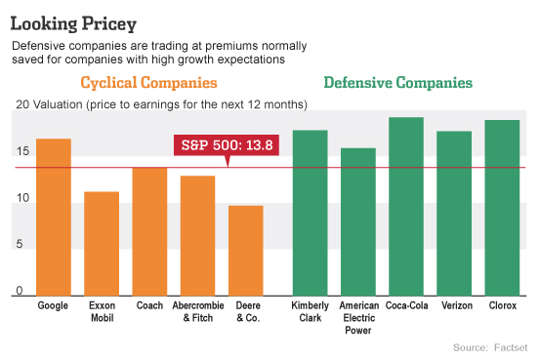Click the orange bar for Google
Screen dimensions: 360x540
(54, 217)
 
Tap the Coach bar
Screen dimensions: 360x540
(149, 231)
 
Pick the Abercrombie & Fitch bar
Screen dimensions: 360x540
(197, 235)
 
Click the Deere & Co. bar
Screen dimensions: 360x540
(246, 250)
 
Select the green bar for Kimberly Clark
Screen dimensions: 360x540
(310, 212)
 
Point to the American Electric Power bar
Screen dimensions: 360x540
(357, 221)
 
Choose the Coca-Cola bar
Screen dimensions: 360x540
(405, 206)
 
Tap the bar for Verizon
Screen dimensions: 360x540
(454, 213)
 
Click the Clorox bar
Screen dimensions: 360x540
(502, 207)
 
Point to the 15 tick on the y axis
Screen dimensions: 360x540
(22, 151)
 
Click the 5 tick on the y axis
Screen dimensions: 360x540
(22, 244)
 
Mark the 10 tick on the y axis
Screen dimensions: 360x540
(22, 198)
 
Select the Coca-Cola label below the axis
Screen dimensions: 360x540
(405, 305)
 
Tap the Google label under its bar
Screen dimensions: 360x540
(53, 305)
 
